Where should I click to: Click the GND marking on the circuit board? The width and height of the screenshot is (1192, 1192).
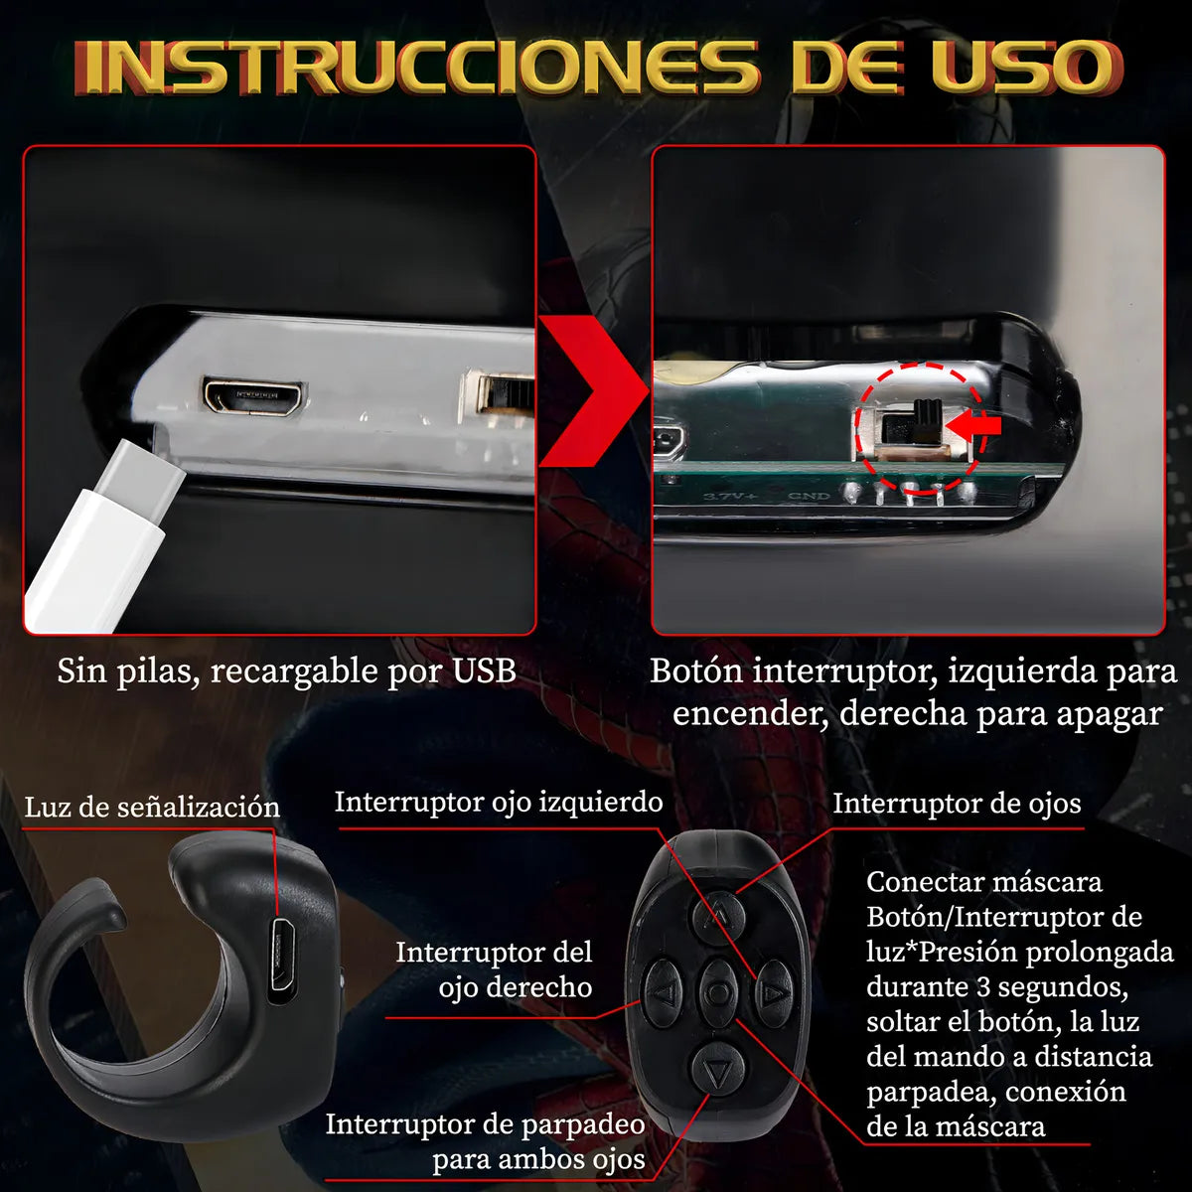pos(809,495)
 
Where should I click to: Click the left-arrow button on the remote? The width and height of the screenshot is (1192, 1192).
pos(665,992)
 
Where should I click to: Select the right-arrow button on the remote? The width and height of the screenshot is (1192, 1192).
pos(775,990)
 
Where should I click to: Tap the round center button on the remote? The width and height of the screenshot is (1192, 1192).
pos(717,990)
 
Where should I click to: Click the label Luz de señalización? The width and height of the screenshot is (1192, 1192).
pos(152,808)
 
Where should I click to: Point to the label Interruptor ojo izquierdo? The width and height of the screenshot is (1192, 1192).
pos(498,802)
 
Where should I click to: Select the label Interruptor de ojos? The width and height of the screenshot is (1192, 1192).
pos(956,803)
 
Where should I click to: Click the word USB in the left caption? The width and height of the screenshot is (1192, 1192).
pos(484,670)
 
